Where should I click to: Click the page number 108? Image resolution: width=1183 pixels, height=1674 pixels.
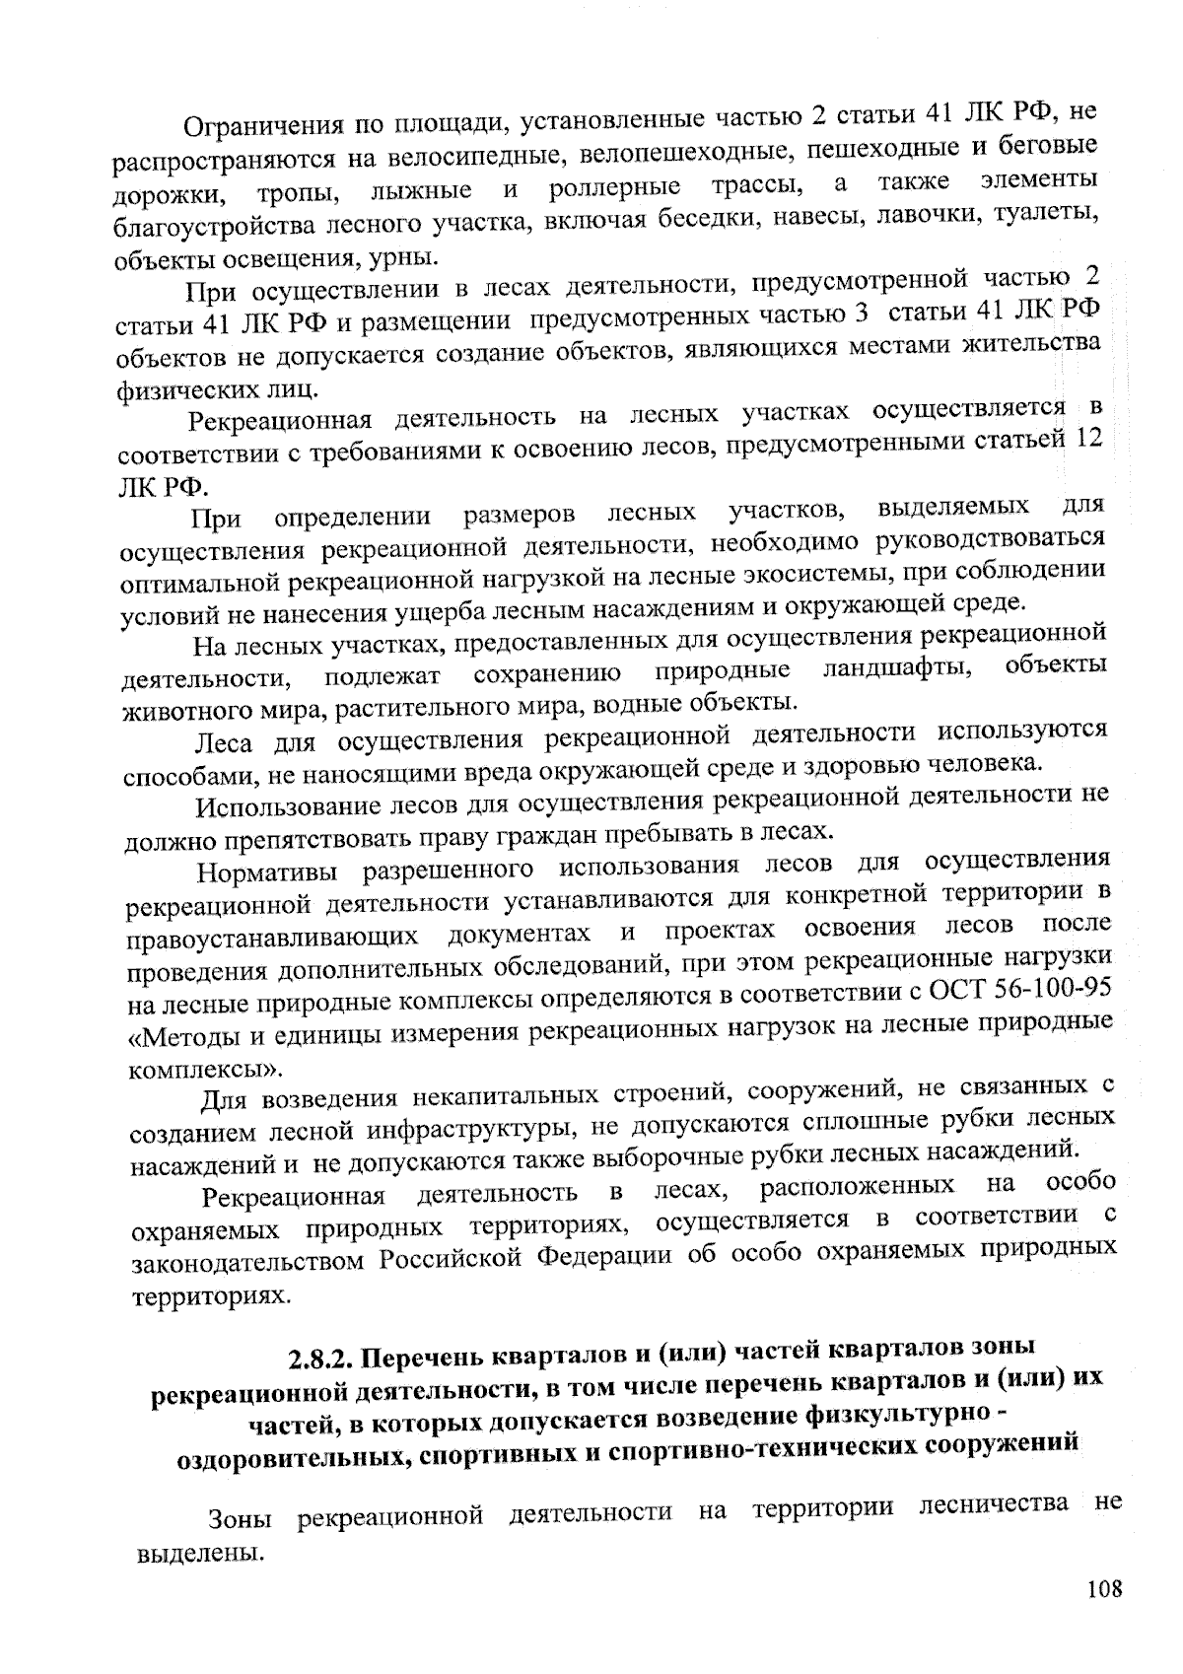pyautogui.click(x=1105, y=1589)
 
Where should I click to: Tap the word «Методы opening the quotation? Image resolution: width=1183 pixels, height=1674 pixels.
pyautogui.click(x=193, y=1036)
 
